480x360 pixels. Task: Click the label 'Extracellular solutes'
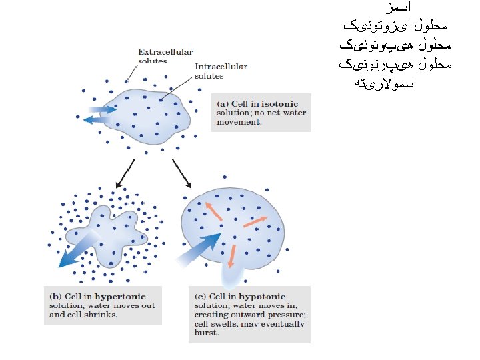point(165,56)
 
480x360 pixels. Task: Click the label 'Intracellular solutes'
point(220,71)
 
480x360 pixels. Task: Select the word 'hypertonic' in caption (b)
point(121,297)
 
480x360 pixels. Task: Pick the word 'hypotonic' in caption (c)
point(262,297)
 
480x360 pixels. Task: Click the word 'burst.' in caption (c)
point(207,332)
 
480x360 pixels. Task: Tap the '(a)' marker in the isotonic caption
point(223,104)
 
